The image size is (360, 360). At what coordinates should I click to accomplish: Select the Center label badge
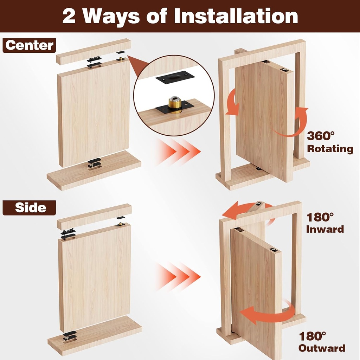click(30, 45)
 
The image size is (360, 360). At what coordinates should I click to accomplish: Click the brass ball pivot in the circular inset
click(174, 103)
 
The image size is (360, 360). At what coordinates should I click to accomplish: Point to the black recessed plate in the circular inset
click(175, 77)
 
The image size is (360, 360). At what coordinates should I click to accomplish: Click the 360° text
click(321, 136)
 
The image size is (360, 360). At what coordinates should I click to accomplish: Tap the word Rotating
click(330, 149)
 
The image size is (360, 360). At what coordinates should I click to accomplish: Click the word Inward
click(324, 230)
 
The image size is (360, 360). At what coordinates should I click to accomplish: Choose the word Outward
click(322, 348)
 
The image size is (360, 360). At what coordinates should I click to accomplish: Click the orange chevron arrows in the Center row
click(178, 152)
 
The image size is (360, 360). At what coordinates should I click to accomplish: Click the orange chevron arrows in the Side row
click(178, 276)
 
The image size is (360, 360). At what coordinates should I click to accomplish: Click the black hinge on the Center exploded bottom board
click(94, 163)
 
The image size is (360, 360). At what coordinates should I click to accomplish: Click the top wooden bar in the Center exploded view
click(93, 51)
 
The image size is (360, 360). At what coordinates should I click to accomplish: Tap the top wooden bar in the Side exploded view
click(94, 216)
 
